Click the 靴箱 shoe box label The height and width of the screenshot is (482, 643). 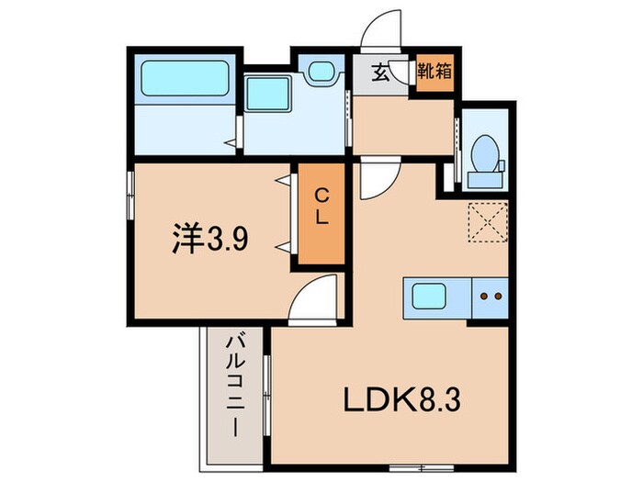click(x=434, y=70)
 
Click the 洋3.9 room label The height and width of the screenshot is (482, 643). click(x=207, y=240)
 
